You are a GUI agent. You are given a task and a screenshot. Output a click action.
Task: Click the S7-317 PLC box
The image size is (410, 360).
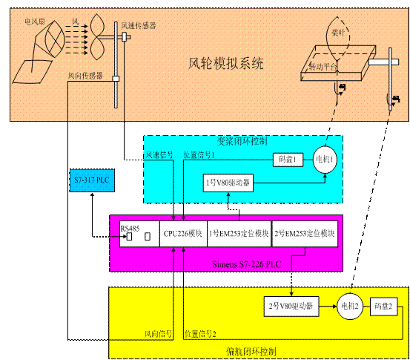93,181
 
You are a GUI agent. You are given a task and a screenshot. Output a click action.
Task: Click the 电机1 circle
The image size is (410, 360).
324,159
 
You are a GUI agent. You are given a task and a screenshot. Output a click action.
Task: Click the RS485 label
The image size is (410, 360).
130,227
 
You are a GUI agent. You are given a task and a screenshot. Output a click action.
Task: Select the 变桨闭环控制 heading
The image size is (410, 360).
242,140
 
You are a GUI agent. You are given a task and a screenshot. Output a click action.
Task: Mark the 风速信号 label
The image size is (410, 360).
159,154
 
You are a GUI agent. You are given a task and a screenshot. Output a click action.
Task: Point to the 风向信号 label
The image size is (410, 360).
158,334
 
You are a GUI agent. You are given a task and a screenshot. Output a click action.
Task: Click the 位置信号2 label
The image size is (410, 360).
199,334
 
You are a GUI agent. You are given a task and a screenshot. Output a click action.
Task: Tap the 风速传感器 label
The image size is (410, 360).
139,26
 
